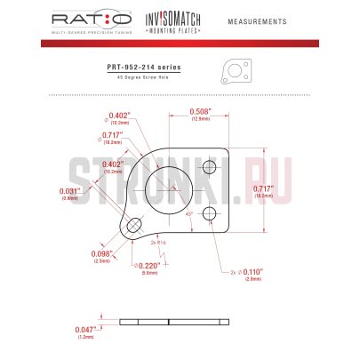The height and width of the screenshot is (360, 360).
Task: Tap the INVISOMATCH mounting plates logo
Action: [166, 20]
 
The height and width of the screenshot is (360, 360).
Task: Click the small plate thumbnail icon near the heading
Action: [232, 70]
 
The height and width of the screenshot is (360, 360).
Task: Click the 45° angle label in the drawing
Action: [188, 214]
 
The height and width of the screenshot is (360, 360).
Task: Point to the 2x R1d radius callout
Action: [160, 243]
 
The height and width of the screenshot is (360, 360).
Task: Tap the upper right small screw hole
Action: [210, 168]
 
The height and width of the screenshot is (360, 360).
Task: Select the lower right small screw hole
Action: [210, 213]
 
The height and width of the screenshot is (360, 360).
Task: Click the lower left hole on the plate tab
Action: [133, 226]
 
